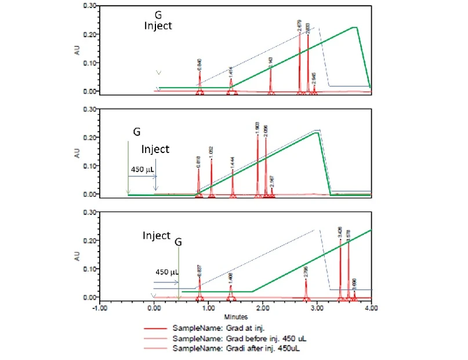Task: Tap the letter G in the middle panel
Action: (136, 132)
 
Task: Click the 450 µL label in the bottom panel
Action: (167, 271)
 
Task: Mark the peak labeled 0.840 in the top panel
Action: (199, 72)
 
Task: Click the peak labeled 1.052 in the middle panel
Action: (211, 159)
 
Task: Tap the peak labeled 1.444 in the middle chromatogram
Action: (233, 170)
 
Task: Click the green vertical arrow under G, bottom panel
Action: (179, 272)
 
